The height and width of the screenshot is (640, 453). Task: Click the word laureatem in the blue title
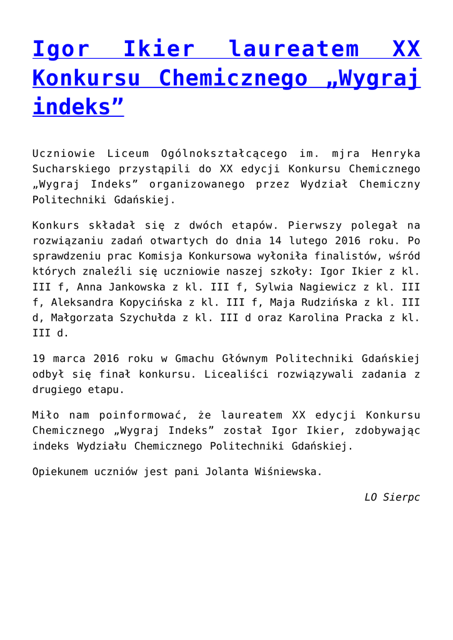click(x=294, y=49)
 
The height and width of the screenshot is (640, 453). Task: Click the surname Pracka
click(x=344, y=318)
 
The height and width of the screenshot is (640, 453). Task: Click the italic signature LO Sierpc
click(x=392, y=497)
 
